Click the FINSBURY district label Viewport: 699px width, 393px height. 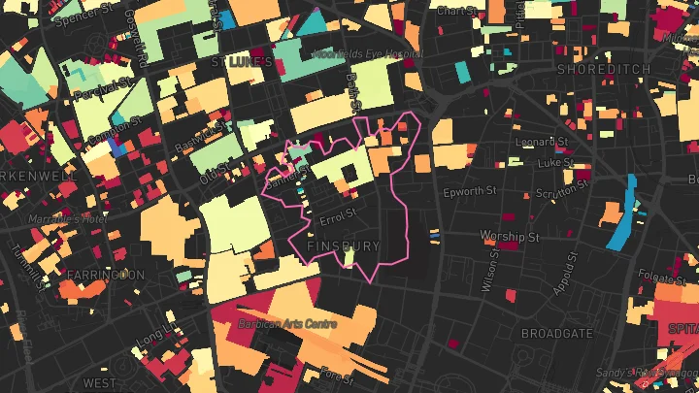click(344, 246)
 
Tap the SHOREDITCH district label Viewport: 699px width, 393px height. click(596, 70)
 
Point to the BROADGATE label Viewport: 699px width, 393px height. click(557, 332)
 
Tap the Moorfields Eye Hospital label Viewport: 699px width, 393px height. click(355, 54)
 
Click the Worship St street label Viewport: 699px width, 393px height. click(509, 236)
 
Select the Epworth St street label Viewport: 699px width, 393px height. click(470, 192)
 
